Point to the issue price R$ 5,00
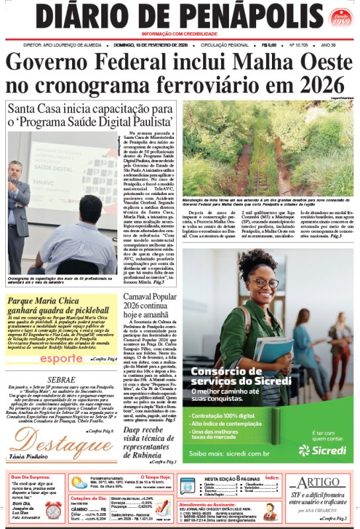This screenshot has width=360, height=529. tap(269, 45)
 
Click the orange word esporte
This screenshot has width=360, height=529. tap(62, 358)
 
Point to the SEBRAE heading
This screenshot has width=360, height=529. tap(62, 380)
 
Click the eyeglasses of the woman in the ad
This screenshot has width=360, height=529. tap(264, 283)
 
